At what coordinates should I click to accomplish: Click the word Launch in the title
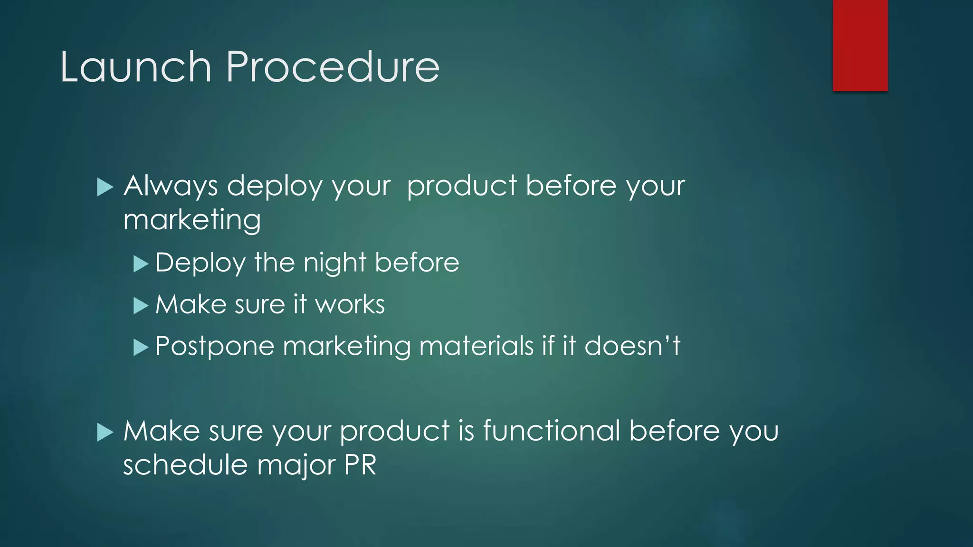(x=135, y=67)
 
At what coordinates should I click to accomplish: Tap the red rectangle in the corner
(x=860, y=45)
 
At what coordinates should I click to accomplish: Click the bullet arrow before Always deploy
(x=105, y=187)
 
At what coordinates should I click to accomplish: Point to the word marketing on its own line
(x=192, y=221)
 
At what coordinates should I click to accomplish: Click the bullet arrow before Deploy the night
(x=141, y=264)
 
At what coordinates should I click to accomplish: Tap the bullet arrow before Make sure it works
(x=141, y=305)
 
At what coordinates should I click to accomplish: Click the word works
(x=350, y=305)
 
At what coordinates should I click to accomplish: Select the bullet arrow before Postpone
(x=141, y=347)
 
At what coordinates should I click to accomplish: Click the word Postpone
(x=215, y=347)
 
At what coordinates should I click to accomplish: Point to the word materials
(x=477, y=346)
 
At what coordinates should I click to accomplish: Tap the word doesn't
(x=632, y=346)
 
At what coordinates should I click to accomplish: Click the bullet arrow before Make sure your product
(x=105, y=433)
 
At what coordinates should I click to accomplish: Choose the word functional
(x=552, y=431)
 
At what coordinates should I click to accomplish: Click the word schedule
(x=185, y=465)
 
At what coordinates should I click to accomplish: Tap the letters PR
(x=360, y=465)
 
